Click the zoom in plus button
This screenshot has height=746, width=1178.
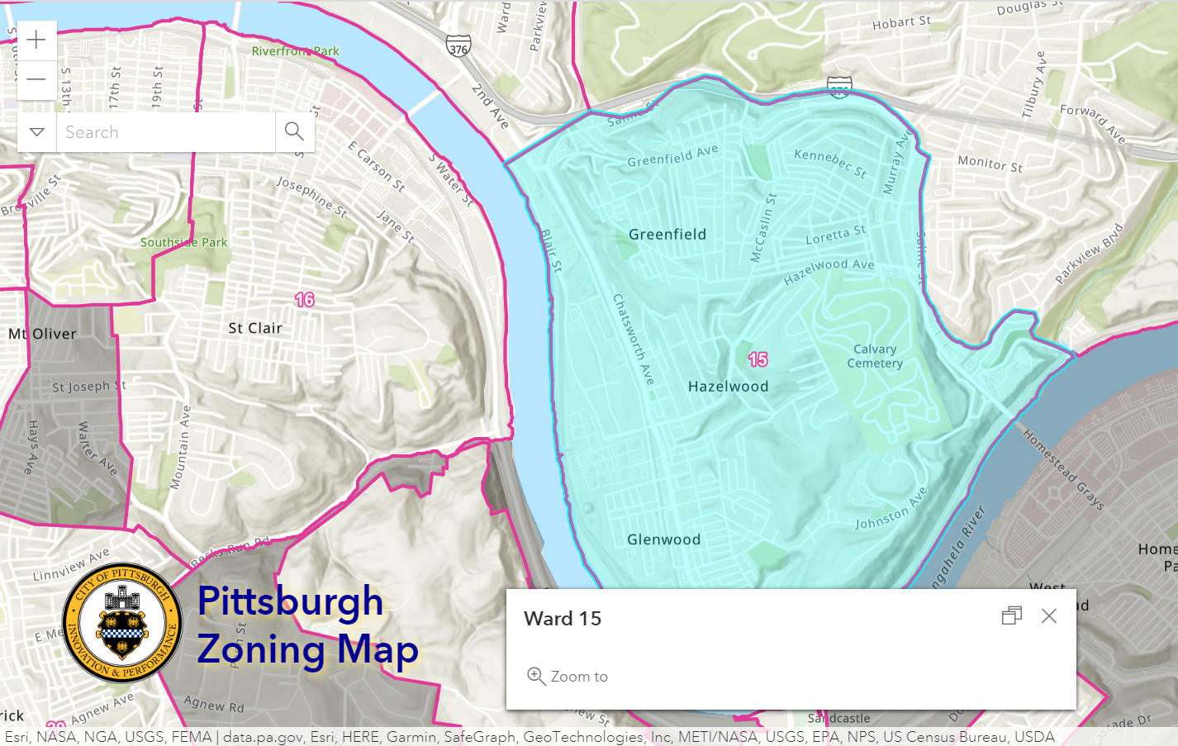pyautogui.click(x=36, y=40)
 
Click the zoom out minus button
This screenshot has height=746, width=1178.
pyautogui.click(x=36, y=80)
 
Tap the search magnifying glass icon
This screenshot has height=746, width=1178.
pyautogui.click(x=294, y=131)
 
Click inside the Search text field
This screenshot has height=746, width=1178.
pyautogui.click(x=165, y=132)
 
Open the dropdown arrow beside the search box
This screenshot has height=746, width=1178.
pyautogui.click(x=36, y=132)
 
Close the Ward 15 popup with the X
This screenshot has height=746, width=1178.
pyautogui.click(x=1049, y=616)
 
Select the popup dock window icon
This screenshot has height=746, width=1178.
pyautogui.click(x=1012, y=616)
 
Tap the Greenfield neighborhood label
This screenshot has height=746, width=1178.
pyautogui.click(x=667, y=235)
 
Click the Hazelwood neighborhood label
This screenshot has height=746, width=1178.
pyautogui.click(x=728, y=387)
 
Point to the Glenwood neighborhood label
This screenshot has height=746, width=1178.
pyautogui.click(x=663, y=539)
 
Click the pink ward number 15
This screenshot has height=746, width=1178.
pyautogui.click(x=758, y=359)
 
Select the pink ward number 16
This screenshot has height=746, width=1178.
pyautogui.click(x=305, y=300)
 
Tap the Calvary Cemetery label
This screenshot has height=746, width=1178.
pyautogui.click(x=875, y=356)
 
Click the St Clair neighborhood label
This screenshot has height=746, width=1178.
pyautogui.click(x=255, y=328)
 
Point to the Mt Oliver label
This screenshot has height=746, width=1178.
pyautogui.click(x=42, y=334)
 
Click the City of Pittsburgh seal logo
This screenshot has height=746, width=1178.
pyautogui.click(x=122, y=623)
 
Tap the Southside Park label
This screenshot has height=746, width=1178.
pyautogui.click(x=183, y=242)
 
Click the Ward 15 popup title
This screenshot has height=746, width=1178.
pyautogui.click(x=563, y=619)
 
